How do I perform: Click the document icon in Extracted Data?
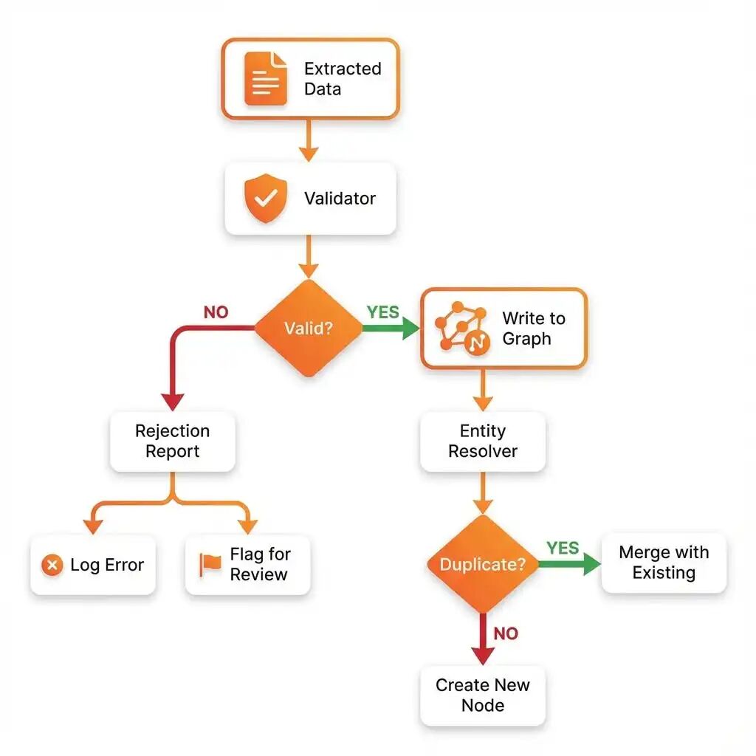pos(266,78)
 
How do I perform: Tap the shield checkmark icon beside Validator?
pos(266,198)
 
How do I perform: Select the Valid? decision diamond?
pos(309,328)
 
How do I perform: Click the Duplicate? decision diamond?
pos(483,563)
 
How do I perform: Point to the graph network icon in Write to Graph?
pos(462,329)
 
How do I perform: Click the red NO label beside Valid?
pos(216,312)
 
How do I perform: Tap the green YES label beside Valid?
pos(383,312)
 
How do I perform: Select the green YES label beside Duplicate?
pos(563,548)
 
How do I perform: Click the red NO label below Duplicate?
pos(506,633)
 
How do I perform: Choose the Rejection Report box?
pos(173,441)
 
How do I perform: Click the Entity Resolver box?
pos(483,441)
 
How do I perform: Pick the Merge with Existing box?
pos(664,563)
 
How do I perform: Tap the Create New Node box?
pos(483,695)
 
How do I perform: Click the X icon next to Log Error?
pos(52,565)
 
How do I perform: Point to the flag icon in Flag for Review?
pos(210,565)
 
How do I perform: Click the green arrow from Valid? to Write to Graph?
pos(391,328)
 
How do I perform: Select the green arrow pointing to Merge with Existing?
pos(570,563)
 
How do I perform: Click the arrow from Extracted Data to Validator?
pos(309,140)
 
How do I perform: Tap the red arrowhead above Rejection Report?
pos(173,402)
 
